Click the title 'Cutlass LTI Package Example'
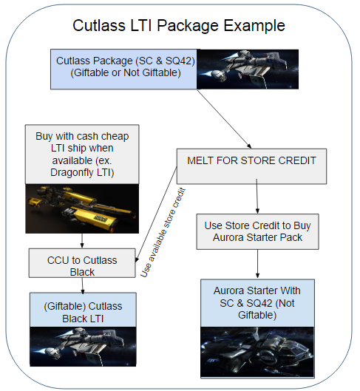pyautogui.click(x=179, y=25)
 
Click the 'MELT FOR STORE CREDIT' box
pyautogui.click(x=251, y=166)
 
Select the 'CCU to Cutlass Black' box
pyautogui.click(x=82, y=263)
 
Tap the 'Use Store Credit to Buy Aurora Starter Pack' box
pyautogui.click(x=257, y=231)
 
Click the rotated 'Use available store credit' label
pyautogui.click(x=163, y=232)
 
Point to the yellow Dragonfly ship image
pyautogui.click(x=82, y=208)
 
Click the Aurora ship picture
pyautogui.click(x=257, y=352)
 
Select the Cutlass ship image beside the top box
pyautogui.click(x=248, y=69)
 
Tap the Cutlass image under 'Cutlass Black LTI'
pyautogui.click(x=83, y=347)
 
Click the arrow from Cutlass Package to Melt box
pyautogui.click(x=225, y=119)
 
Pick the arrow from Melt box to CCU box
pyautogui.click(x=156, y=214)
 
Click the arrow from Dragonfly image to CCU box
pyautogui.click(x=82, y=241)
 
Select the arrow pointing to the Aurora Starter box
pyautogui.click(x=257, y=264)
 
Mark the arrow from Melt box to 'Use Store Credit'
pyautogui.click(x=257, y=196)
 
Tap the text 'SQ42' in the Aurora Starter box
pyautogui.click(x=259, y=303)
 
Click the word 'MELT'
pyautogui.click(x=200, y=160)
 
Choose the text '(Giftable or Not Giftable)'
pyautogui.click(x=126, y=73)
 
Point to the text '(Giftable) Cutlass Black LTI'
pyautogui.click(x=83, y=312)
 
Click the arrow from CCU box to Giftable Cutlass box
pyautogui.click(x=83, y=285)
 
